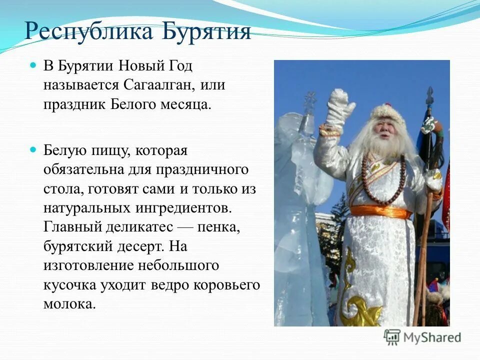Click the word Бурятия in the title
(x=206, y=31)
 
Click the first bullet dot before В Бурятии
(x=33, y=65)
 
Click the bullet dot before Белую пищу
(x=33, y=149)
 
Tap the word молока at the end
(x=68, y=303)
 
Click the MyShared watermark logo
(x=422, y=337)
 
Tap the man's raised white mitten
(x=340, y=107)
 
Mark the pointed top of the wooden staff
(x=429, y=94)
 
